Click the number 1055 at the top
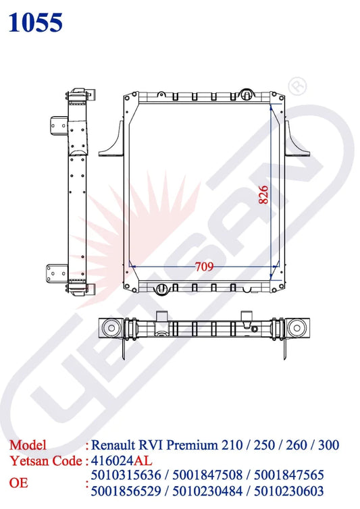(x=36, y=22)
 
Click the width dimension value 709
(x=204, y=267)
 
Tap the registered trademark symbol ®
(x=297, y=86)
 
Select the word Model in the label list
(x=28, y=446)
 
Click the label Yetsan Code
(x=45, y=461)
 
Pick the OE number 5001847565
(x=291, y=477)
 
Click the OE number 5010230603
(x=291, y=491)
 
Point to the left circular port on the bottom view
(x=111, y=329)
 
